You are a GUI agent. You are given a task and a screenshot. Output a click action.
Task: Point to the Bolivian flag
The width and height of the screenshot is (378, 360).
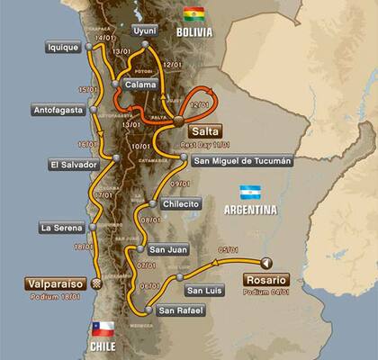tap(193, 14)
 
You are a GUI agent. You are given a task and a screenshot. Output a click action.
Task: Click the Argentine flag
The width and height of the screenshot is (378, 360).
tap(250, 192)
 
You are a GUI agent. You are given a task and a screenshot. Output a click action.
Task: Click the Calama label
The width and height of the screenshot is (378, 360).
tap(140, 85)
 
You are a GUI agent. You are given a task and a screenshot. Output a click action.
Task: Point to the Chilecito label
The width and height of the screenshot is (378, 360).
tap(181, 204)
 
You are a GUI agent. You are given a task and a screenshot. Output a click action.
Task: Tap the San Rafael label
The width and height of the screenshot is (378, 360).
tap(179, 311)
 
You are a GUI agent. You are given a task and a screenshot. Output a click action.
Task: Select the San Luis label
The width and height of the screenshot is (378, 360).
tap(203, 290)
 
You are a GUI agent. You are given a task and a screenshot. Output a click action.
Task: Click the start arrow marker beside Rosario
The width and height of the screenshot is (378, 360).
tap(266, 263)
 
